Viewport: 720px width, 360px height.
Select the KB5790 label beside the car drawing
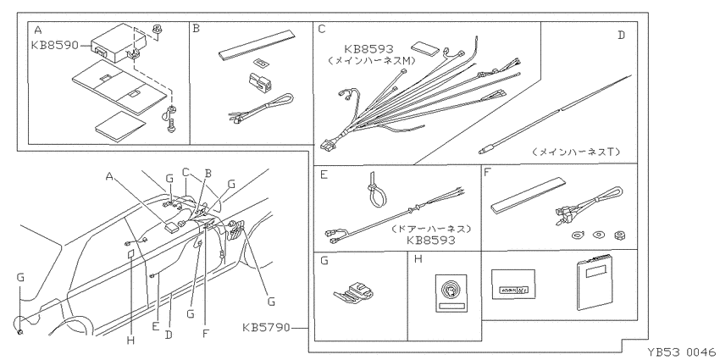pos(266,328)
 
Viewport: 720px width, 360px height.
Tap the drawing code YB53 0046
pos(682,352)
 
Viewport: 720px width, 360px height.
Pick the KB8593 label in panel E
pos(430,240)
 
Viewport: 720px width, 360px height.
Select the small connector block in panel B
pos(260,80)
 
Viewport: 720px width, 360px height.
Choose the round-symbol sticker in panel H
pos(451,293)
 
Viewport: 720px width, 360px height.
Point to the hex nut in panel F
pos(618,235)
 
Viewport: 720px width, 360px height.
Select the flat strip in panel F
pos(528,194)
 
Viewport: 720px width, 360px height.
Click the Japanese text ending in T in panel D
pos(576,152)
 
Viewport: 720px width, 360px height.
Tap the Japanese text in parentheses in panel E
pos(432,229)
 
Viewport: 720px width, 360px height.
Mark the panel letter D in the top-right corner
pos(621,36)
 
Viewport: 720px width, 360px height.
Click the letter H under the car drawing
pos(130,341)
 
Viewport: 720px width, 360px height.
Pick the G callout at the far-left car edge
pos(19,277)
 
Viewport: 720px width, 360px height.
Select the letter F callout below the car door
pos(205,334)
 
